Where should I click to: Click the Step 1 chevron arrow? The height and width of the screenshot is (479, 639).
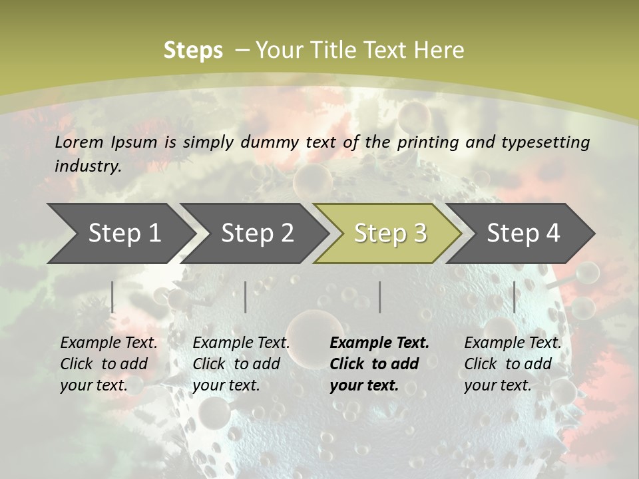point(124,234)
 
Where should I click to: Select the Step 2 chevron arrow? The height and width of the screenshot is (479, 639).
point(257,234)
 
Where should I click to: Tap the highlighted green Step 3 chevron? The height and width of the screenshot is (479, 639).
point(390,234)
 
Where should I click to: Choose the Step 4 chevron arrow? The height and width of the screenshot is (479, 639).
point(523,234)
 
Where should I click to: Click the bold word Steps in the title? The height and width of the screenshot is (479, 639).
point(193,51)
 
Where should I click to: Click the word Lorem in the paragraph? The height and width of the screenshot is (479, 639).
point(79,142)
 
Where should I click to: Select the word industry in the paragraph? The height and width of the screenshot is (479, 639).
point(87,166)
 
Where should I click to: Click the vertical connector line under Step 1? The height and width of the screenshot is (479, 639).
point(112,297)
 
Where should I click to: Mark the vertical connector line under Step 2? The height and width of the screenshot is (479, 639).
point(246,297)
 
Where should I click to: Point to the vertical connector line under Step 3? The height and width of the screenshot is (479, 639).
point(380,297)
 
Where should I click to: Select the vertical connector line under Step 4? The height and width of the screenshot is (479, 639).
point(514,297)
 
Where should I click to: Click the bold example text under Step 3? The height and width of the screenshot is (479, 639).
point(379,364)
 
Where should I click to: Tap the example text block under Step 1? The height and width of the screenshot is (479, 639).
point(108,364)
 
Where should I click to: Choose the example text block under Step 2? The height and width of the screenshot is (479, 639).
point(241,364)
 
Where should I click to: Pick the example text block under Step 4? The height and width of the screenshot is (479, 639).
point(513,364)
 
